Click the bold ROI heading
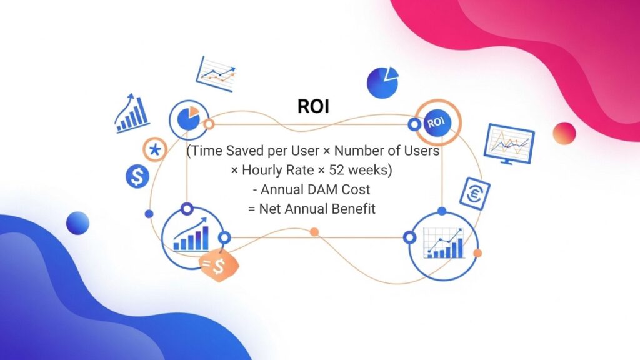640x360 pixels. [313, 106]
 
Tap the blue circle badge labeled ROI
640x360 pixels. [437, 122]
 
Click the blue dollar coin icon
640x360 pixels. [137, 177]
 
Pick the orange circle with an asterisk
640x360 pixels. [154, 150]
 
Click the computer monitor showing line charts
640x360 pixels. [510, 143]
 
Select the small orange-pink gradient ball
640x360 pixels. [564, 133]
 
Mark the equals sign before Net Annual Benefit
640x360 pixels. [252, 209]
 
